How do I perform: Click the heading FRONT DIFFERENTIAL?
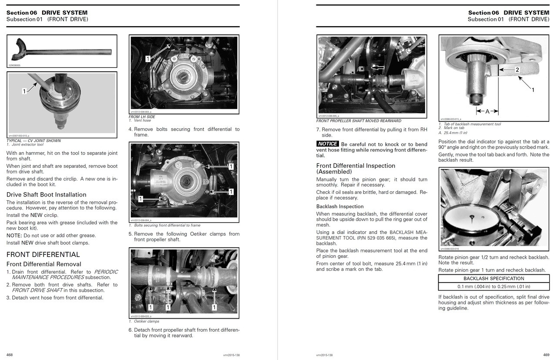pos(43,254)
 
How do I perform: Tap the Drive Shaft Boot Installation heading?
pos(46,194)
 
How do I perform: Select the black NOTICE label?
pos(327,144)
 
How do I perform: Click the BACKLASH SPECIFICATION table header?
pos(493,278)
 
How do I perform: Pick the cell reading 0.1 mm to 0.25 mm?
pos(493,287)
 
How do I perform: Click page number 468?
pos(10,355)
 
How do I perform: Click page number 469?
pos(546,355)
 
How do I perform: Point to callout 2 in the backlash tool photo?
pos(517,70)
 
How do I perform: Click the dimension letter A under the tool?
pos(487,111)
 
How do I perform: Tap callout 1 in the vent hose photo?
pos(148,59)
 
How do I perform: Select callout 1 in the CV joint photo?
pos(25,91)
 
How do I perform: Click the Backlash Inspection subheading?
pos(339,207)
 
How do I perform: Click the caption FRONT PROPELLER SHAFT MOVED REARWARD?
pos(359,121)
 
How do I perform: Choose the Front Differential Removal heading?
pos(44,264)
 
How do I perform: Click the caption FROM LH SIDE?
pos(142,117)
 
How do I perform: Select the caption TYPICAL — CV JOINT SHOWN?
pos(34,140)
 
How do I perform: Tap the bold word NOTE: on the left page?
pos(14,235)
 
